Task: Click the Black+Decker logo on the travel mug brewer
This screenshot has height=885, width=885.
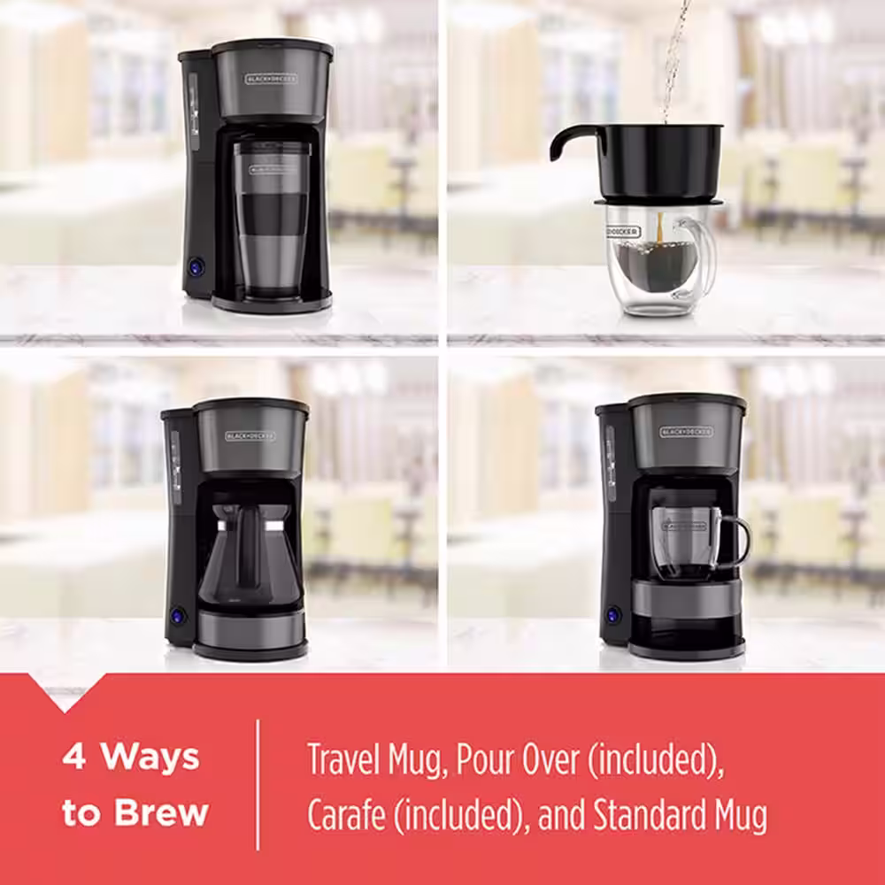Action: pyautogui.click(x=271, y=79)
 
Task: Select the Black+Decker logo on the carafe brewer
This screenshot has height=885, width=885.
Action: pyautogui.click(x=250, y=435)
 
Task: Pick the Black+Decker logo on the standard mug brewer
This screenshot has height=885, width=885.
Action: pyautogui.click(x=686, y=432)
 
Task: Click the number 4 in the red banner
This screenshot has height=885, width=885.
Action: pyautogui.click(x=73, y=758)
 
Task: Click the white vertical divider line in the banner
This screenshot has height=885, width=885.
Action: pyautogui.click(x=258, y=784)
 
